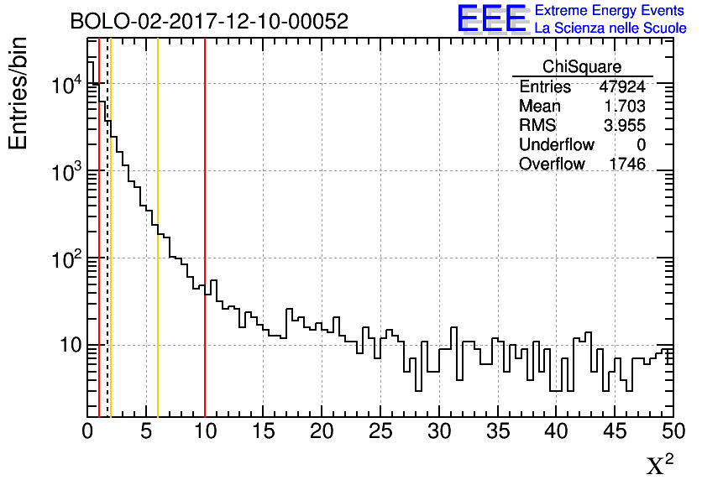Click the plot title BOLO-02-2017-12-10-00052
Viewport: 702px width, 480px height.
click(209, 22)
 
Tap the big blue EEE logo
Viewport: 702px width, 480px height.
click(492, 18)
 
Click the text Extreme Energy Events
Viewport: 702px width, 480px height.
click(610, 11)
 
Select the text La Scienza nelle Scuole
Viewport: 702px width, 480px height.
click(610, 29)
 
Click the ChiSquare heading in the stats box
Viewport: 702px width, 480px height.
click(582, 66)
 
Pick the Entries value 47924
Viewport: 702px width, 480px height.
click(622, 86)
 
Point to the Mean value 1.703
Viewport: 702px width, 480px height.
click(625, 106)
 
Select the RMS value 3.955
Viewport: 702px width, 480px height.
click(625, 125)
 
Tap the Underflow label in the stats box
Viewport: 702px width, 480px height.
click(557, 144)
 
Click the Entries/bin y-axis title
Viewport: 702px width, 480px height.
click(18, 93)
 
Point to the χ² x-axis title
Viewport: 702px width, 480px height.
click(660, 463)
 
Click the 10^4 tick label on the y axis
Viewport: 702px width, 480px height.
click(65, 85)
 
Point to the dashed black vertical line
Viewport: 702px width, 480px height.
click(107, 252)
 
